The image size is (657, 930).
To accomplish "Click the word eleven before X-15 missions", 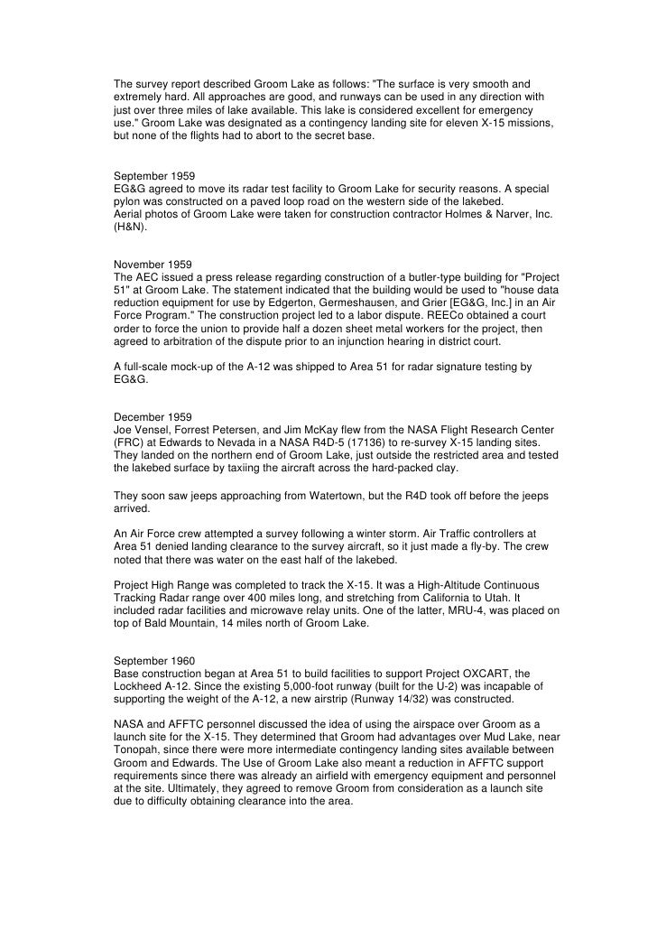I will pos(456,120).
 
